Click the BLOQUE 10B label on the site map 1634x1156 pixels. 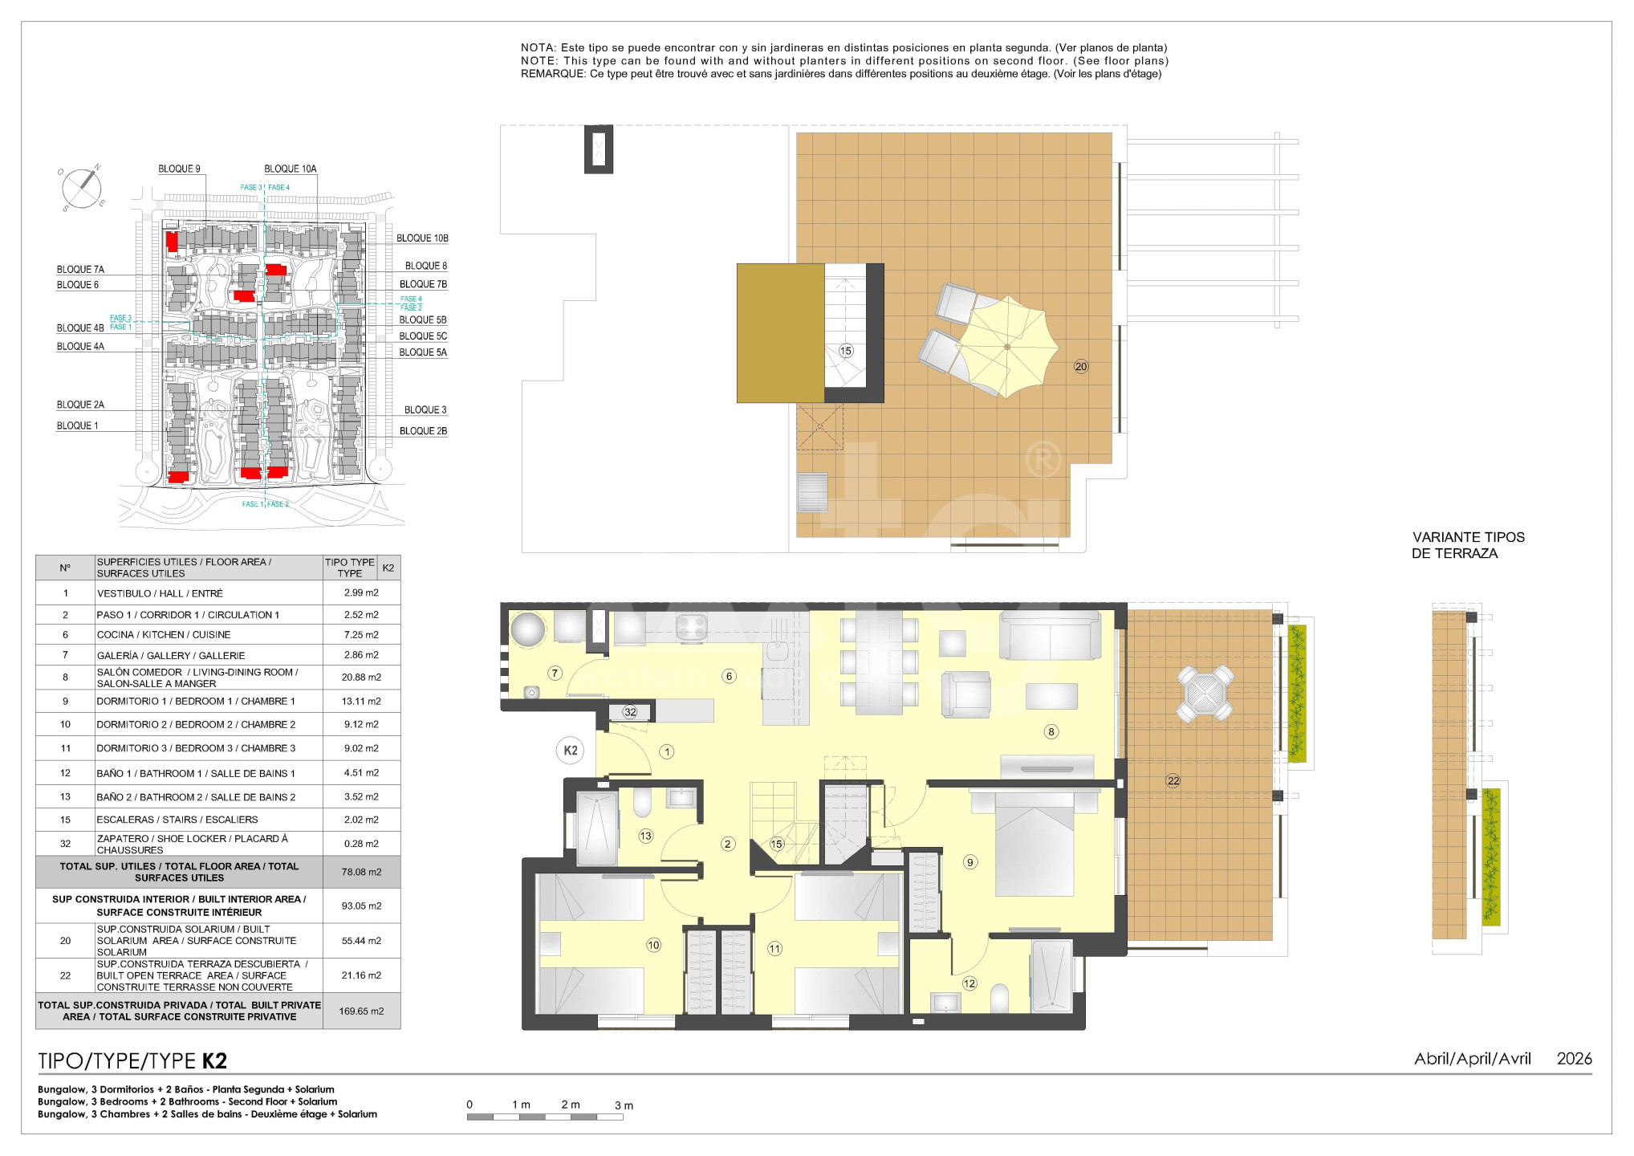[x=422, y=238]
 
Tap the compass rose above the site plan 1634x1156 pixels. [x=82, y=189]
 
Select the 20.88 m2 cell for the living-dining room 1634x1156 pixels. [x=361, y=678]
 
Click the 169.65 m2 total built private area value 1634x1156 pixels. [x=361, y=1011]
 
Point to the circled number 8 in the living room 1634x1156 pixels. [x=1051, y=731]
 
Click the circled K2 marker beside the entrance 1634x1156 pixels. [x=570, y=751]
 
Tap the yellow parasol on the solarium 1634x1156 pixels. [x=1008, y=347]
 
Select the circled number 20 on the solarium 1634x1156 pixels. [x=1081, y=367]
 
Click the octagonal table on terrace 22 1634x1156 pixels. [x=1205, y=693]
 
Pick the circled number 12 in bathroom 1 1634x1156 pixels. [x=969, y=983]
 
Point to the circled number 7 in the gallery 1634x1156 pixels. [x=555, y=673]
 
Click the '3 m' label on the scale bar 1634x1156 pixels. [x=624, y=1105]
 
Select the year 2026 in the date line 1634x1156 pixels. [x=1574, y=1059]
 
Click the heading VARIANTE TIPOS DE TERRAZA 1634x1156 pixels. [x=1468, y=545]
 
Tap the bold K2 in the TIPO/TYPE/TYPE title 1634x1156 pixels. [x=214, y=1061]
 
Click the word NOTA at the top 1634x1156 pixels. [x=539, y=48]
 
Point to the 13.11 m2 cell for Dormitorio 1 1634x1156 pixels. [x=361, y=701]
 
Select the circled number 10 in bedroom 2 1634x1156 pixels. [x=653, y=945]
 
